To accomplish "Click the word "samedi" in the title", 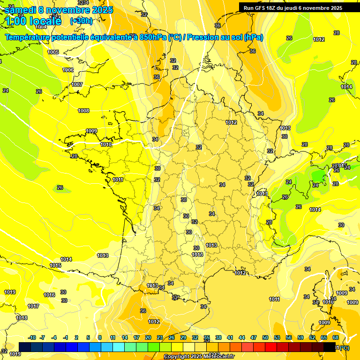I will click(x=19, y=10).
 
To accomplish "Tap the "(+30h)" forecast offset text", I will click(x=81, y=21).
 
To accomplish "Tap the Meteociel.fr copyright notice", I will click(x=199, y=357).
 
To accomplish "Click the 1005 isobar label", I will click(x=53, y=52).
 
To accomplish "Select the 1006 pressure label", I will click(x=68, y=70).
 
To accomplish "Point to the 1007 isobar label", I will click(x=77, y=85).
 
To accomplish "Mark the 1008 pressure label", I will click(x=83, y=111).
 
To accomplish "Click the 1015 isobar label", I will click(x=55, y=266).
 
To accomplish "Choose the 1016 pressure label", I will click(x=49, y=295).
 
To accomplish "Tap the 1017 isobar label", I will click(x=33, y=307).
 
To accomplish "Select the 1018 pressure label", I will click(x=22, y=318).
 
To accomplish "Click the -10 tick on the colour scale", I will click(x=32, y=337).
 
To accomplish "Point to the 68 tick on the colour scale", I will click(x=336, y=337).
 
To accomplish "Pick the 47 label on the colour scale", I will click(x=254, y=337).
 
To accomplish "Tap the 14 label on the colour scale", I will click(x=125, y=337).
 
